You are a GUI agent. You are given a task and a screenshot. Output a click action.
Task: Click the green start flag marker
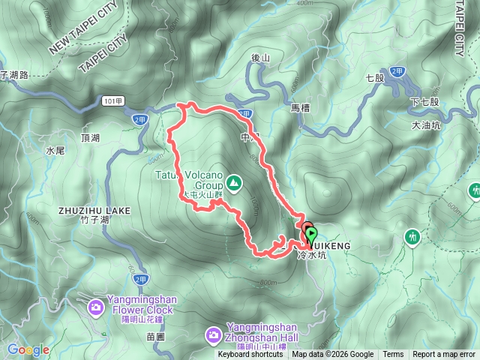[310, 235]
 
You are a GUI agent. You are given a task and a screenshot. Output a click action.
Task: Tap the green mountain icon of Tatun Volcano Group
[234, 182]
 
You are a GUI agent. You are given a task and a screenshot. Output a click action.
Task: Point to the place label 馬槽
[301, 108]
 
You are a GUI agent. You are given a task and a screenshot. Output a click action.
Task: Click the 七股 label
[375, 77]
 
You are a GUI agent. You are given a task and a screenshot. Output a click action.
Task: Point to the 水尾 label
[56, 150]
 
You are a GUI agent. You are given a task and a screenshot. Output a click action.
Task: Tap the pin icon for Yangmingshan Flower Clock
[96, 306]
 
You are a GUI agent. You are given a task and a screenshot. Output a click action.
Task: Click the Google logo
[28, 349]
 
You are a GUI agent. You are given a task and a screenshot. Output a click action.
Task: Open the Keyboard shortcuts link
[250, 355]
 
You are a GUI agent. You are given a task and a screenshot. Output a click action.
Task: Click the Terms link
[393, 355]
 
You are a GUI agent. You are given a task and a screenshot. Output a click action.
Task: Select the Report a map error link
[444, 355]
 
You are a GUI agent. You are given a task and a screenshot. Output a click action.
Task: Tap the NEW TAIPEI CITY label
[83, 34]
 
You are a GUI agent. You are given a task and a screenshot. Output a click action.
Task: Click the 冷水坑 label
[313, 256]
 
